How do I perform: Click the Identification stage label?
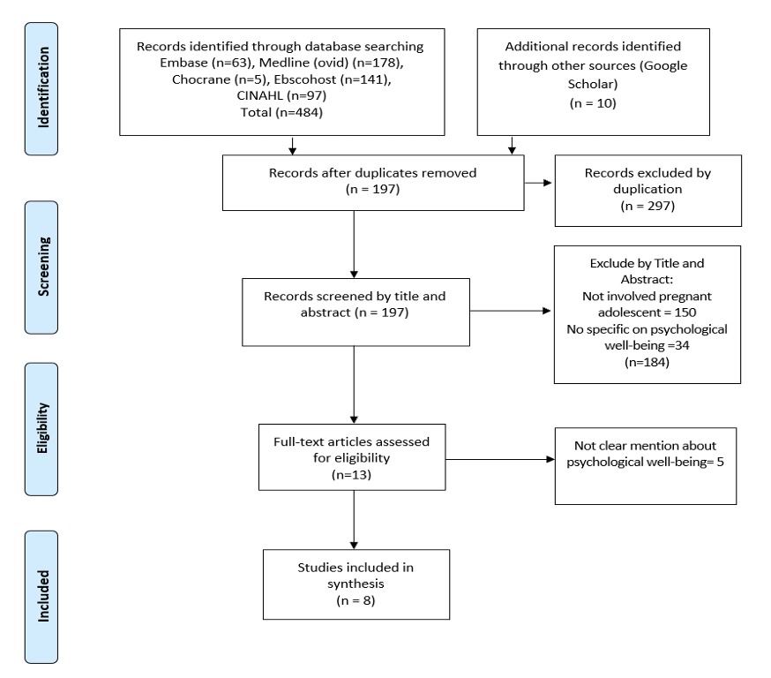click(x=41, y=88)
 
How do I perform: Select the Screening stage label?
click(x=41, y=267)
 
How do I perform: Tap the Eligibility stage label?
click(x=41, y=429)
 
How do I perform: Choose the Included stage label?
click(x=41, y=597)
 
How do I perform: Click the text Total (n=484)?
click(x=281, y=112)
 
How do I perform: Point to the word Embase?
click(x=183, y=63)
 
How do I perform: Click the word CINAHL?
click(x=259, y=95)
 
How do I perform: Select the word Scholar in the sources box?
click(x=593, y=84)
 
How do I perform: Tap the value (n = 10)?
click(x=593, y=102)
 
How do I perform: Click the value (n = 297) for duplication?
click(x=647, y=206)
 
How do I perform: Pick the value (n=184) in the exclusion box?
click(x=647, y=362)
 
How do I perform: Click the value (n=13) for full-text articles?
click(x=352, y=474)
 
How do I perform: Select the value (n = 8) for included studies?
click(x=356, y=600)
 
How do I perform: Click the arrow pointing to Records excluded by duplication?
click(x=538, y=183)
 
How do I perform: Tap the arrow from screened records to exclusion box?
click(x=511, y=311)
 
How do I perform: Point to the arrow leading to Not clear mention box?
click(x=500, y=460)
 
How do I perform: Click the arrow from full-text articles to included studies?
click(x=354, y=520)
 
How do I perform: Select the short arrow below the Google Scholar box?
click(x=512, y=145)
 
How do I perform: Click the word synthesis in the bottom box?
click(x=356, y=584)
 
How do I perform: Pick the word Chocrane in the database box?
click(x=200, y=79)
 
